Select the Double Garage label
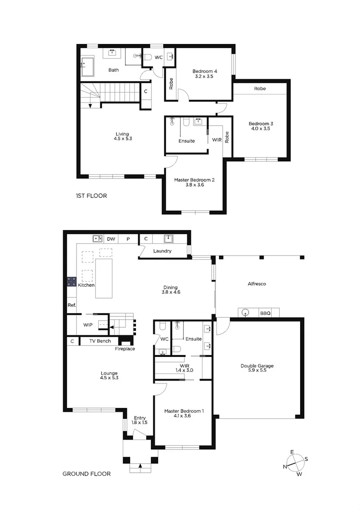(257, 365)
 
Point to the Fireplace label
(125, 349)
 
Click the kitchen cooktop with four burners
(72, 282)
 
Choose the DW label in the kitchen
(111, 239)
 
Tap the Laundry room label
(162, 251)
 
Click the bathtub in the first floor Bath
(87, 66)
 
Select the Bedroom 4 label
(204, 71)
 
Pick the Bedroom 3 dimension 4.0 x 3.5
(261, 128)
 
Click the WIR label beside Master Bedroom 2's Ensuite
(217, 140)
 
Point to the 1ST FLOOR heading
(91, 195)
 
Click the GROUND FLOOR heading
(87, 474)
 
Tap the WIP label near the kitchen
(88, 325)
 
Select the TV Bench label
(100, 341)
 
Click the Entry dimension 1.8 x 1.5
(140, 423)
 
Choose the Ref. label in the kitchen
(72, 305)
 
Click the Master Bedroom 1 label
(184, 411)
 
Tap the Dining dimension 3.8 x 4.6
(170, 292)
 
